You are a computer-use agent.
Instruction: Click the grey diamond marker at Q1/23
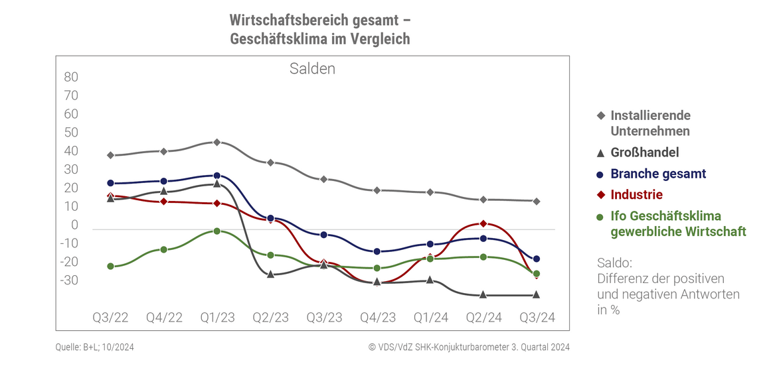tap(216, 143)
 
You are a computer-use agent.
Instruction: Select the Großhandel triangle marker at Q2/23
tap(270, 273)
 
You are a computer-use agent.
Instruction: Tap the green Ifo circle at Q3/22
tap(110, 267)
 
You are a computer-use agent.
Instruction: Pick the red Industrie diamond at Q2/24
tap(483, 224)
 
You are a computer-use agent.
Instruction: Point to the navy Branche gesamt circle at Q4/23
tap(377, 252)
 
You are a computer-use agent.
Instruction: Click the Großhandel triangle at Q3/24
tap(537, 294)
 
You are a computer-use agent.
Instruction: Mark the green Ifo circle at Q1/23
tap(216, 231)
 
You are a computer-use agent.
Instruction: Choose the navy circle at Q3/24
tap(537, 259)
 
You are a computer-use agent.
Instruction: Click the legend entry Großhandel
tap(644, 152)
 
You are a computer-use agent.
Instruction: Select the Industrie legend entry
tap(636, 195)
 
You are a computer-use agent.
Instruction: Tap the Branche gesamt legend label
tap(657, 174)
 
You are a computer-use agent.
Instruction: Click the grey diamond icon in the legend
tap(600, 115)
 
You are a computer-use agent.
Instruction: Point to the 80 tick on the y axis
tap(71, 77)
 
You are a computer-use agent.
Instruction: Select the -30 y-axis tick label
tap(69, 280)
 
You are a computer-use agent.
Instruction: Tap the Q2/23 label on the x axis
tap(270, 318)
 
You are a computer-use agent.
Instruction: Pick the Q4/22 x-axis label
tap(163, 318)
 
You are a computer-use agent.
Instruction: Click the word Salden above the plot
tap(312, 69)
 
